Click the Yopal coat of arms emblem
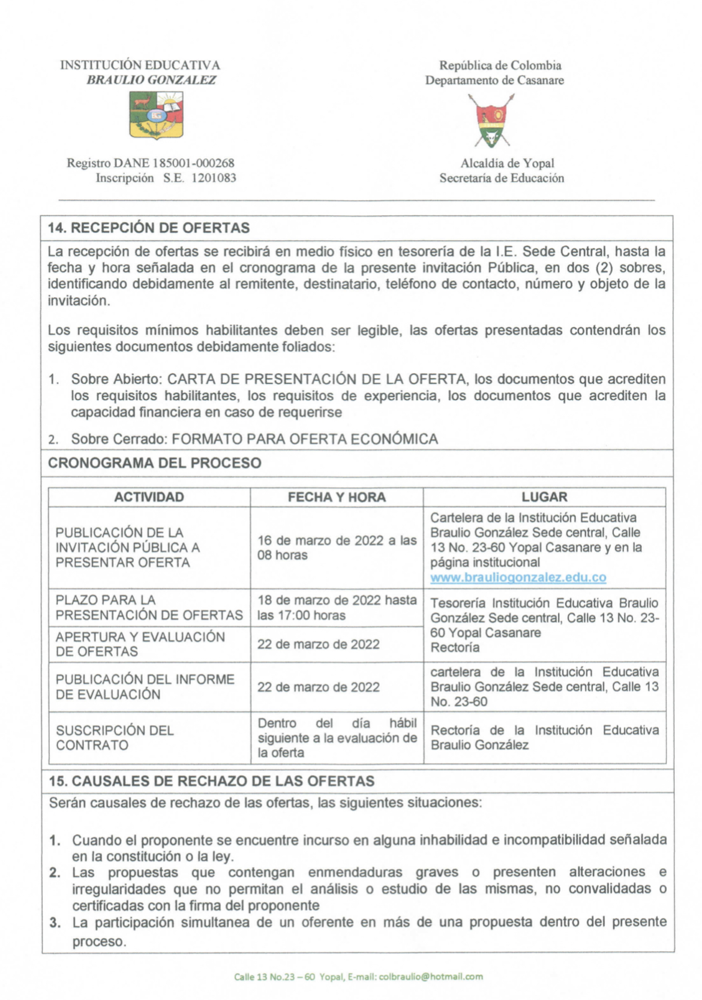tap(493, 121)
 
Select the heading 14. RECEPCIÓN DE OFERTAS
tap(148, 228)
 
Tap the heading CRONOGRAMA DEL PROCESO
tap(154, 463)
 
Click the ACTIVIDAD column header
tap(149, 497)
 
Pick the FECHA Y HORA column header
tap(337, 497)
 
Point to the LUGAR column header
tap(544, 497)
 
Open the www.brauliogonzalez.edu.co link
tap(518, 577)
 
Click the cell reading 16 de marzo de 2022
tap(337, 547)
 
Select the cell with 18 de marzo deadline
tap(337, 607)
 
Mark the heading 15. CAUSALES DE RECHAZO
tap(211, 780)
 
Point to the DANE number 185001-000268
tap(193, 163)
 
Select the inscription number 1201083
tap(214, 178)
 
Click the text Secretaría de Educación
tap(502, 178)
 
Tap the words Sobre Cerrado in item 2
tap(118, 439)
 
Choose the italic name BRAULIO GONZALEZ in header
tap(151, 80)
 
